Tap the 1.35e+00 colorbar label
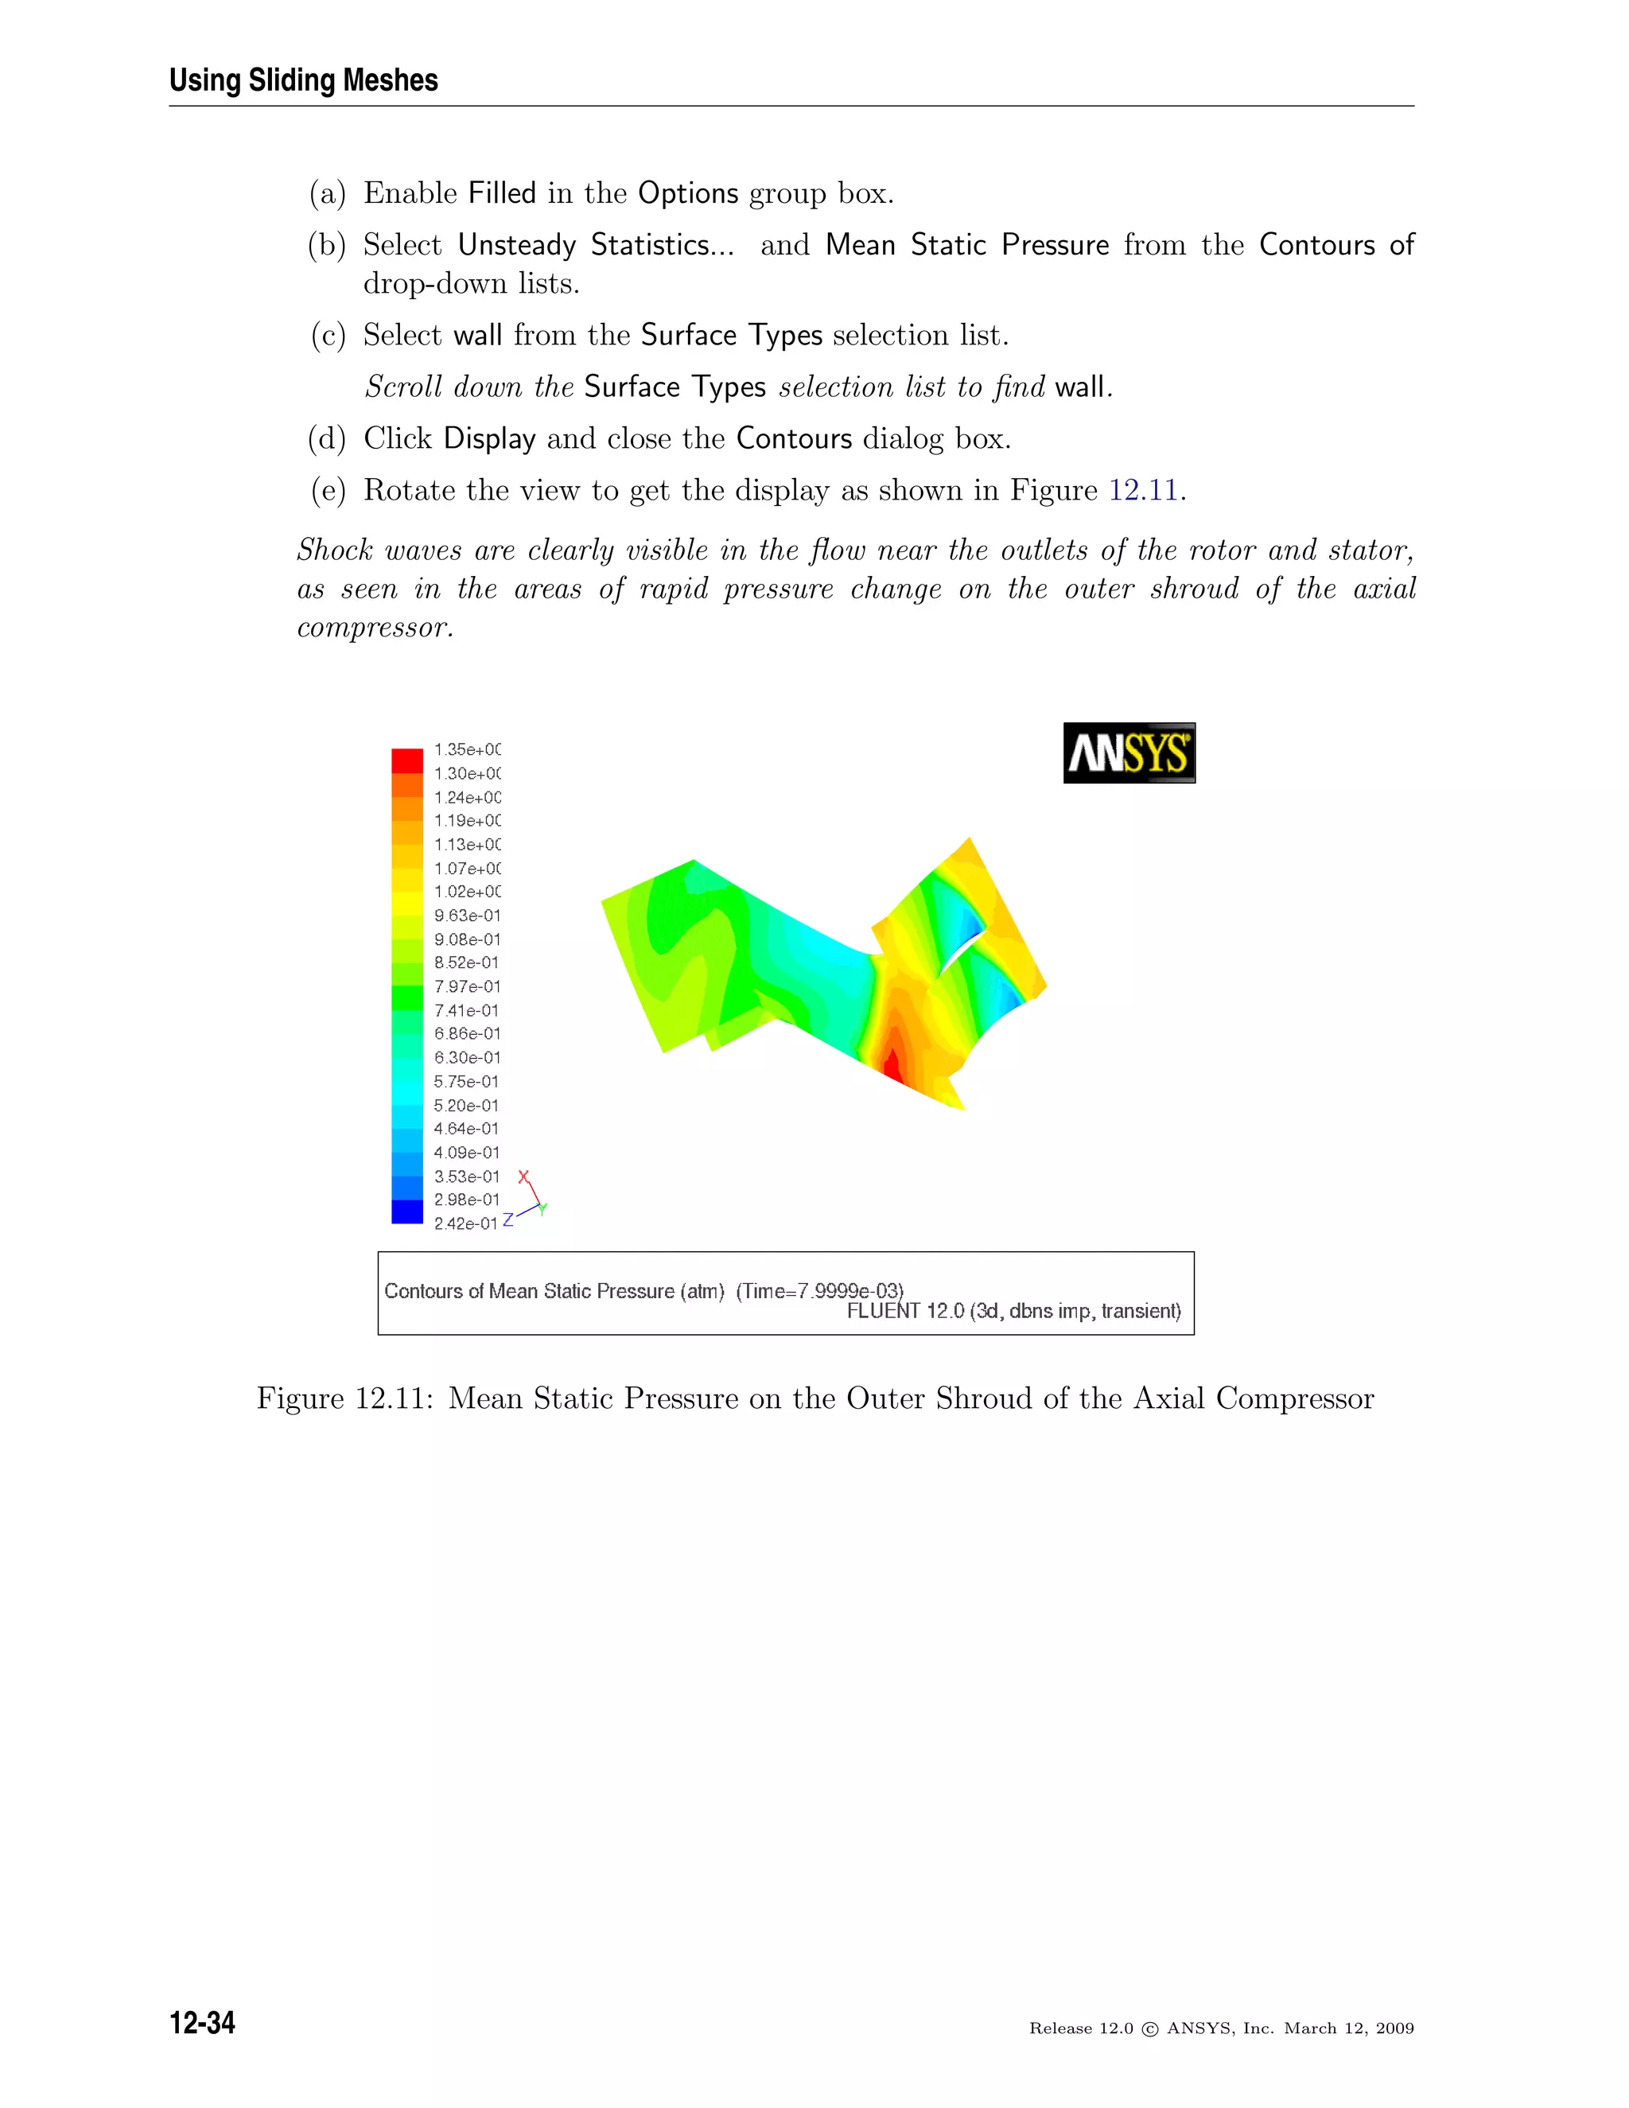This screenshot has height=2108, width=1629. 467,750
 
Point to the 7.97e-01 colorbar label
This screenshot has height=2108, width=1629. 467,986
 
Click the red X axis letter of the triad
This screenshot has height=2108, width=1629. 523,1177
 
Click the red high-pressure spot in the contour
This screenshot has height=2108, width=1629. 892,1067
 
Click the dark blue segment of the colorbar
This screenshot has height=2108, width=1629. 406,1212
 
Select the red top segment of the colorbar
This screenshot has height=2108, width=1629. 406,760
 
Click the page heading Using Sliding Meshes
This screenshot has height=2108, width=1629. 303,80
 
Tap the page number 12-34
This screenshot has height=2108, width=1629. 202,2023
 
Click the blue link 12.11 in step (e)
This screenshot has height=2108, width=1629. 1143,490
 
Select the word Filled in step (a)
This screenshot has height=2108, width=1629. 501,193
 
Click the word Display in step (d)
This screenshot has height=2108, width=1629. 488,439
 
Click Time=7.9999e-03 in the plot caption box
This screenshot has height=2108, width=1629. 819,1291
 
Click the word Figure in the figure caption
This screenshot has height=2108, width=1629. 299,1398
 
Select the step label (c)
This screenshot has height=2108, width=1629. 327,336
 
